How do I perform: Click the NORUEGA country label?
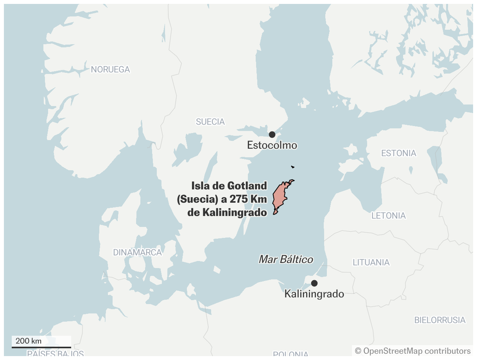(110, 70)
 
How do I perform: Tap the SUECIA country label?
(210, 122)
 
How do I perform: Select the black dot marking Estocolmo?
(272, 135)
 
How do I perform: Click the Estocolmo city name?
(272, 146)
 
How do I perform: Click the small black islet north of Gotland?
(292, 167)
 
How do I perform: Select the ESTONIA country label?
(399, 153)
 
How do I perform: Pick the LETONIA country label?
(389, 216)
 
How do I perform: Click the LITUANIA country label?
(371, 262)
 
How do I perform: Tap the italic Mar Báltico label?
(286, 259)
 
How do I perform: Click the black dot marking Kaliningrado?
(314, 283)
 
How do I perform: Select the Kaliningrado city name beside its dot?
(314, 293)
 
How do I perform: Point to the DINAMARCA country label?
(138, 252)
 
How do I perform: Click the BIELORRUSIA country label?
(440, 320)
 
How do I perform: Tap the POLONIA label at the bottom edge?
(291, 355)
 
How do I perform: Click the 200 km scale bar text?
(29, 341)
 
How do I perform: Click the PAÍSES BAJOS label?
(56, 354)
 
